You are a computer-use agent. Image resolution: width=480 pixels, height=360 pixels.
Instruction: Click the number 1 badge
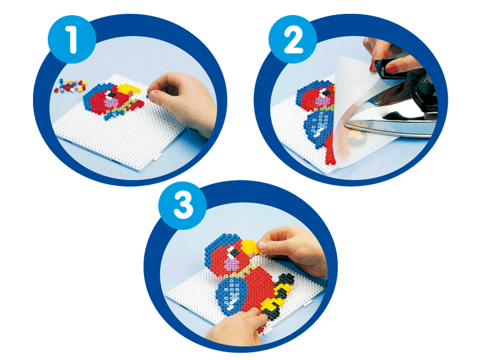click(72, 39)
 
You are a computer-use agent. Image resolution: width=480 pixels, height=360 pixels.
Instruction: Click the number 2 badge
click(293, 39)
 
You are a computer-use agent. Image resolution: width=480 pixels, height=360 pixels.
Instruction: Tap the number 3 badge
click(182, 205)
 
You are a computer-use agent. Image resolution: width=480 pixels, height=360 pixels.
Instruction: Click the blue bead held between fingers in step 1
click(147, 96)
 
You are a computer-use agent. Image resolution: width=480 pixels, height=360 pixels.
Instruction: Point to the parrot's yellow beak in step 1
click(129, 89)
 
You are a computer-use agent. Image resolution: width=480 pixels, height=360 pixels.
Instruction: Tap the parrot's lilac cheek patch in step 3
click(232, 263)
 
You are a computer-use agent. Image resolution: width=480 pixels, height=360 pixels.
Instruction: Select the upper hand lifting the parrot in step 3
click(294, 250)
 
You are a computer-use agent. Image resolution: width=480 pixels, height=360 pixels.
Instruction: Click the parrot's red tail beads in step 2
click(330, 150)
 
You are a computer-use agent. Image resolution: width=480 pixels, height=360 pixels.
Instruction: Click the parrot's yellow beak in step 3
click(250, 247)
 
